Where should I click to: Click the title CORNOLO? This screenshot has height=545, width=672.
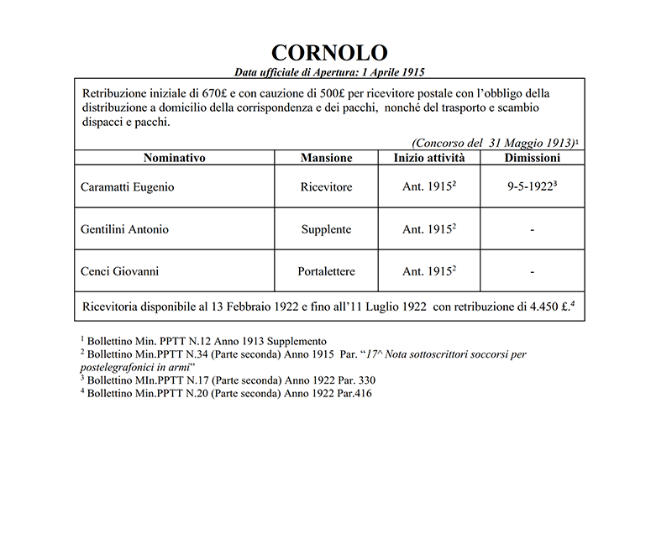(x=329, y=53)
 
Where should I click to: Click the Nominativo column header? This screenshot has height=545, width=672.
(x=174, y=158)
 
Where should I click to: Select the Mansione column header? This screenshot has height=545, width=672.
(x=326, y=158)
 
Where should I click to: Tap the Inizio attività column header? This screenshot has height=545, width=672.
(x=429, y=158)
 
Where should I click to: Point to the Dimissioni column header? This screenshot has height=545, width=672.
(x=532, y=158)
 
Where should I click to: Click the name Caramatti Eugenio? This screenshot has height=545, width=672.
(x=128, y=187)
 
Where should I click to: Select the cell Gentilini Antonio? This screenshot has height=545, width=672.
(x=124, y=229)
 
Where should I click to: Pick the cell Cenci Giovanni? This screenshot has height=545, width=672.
(x=119, y=271)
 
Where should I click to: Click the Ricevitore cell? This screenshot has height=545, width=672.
(x=326, y=187)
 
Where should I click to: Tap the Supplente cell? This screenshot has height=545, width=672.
(x=326, y=229)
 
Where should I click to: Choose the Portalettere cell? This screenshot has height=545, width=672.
(x=326, y=271)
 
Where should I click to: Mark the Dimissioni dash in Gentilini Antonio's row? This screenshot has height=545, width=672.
(x=533, y=229)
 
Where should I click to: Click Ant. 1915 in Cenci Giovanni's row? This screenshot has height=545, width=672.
(x=428, y=271)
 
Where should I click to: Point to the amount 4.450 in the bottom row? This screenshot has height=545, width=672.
(x=540, y=307)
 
